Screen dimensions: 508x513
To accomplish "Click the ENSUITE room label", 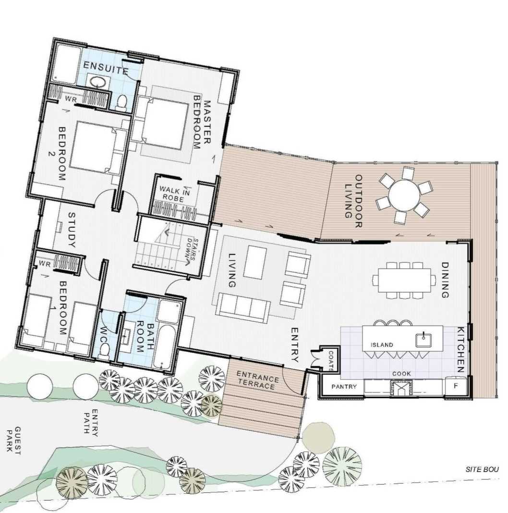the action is (105, 68).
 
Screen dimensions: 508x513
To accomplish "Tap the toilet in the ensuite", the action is (121, 102).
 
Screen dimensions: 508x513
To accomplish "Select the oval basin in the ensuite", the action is (97, 82).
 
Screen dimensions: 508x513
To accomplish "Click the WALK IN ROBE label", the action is (174, 194).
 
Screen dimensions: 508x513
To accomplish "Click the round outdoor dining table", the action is (404, 195).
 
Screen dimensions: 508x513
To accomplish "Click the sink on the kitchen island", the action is (423, 340).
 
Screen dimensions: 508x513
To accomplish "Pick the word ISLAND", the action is (382, 345).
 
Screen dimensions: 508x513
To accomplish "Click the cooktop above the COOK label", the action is (401, 387).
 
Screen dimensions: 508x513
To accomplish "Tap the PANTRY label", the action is (344, 386).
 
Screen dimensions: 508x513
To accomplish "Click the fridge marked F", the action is (456, 386).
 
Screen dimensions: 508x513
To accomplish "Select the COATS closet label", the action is (330, 361).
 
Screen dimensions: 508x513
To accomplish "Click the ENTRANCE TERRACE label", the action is (257, 380).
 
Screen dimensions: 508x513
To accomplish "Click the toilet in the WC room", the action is (104, 351).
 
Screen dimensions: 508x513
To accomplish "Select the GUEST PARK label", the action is (13, 440).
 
